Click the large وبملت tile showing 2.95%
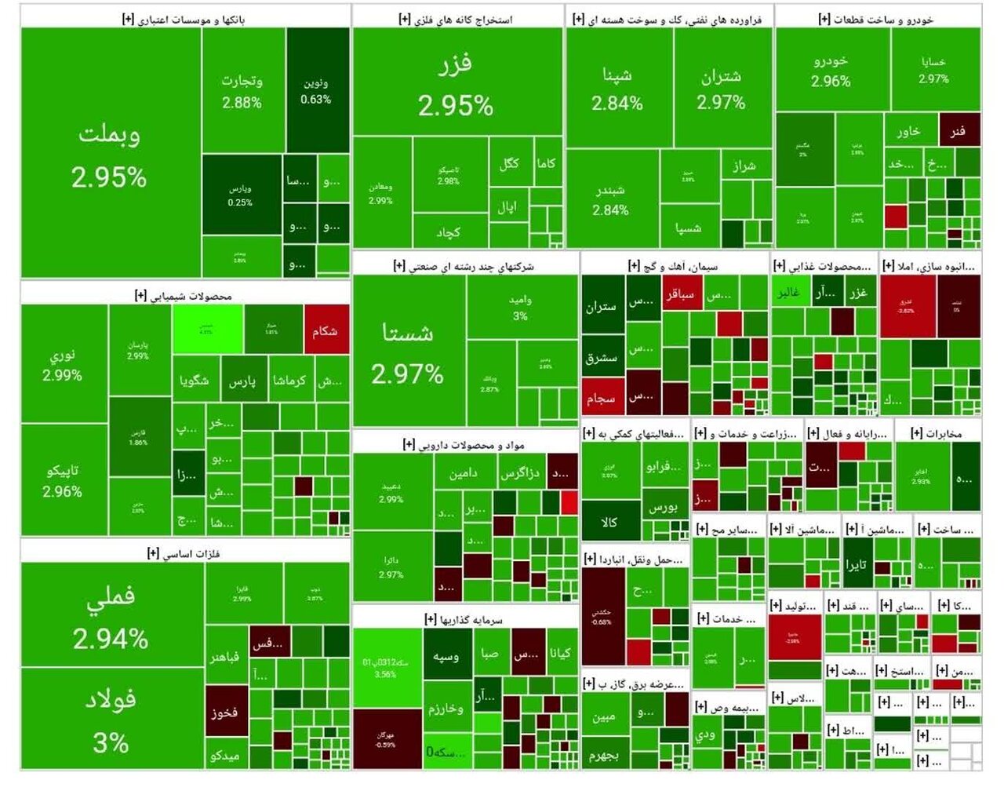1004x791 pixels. pyautogui.click(x=110, y=153)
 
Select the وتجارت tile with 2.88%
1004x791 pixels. pyautogui.click(x=242, y=90)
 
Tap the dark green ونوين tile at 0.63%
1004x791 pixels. pyautogui.click(x=317, y=89)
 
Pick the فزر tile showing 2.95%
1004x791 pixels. pyautogui.click(x=457, y=82)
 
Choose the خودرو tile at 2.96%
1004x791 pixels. pyautogui.click(x=831, y=71)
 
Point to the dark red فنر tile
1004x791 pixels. pyautogui.click(x=959, y=130)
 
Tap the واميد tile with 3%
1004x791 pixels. pyautogui.click(x=521, y=307)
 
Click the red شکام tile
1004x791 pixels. pyautogui.click(x=326, y=330)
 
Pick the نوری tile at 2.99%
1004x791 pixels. pyautogui.click(x=63, y=364)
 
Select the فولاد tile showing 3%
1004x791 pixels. pyautogui.click(x=111, y=719)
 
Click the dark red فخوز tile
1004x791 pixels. pyautogui.click(x=225, y=712)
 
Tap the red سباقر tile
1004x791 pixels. pyautogui.click(x=680, y=295)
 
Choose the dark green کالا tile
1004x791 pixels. pyautogui.click(x=609, y=521)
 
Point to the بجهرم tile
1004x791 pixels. pyautogui.click(x=605, y=754)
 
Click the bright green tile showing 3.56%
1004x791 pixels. pyautogui.click(x=386, y=666)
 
